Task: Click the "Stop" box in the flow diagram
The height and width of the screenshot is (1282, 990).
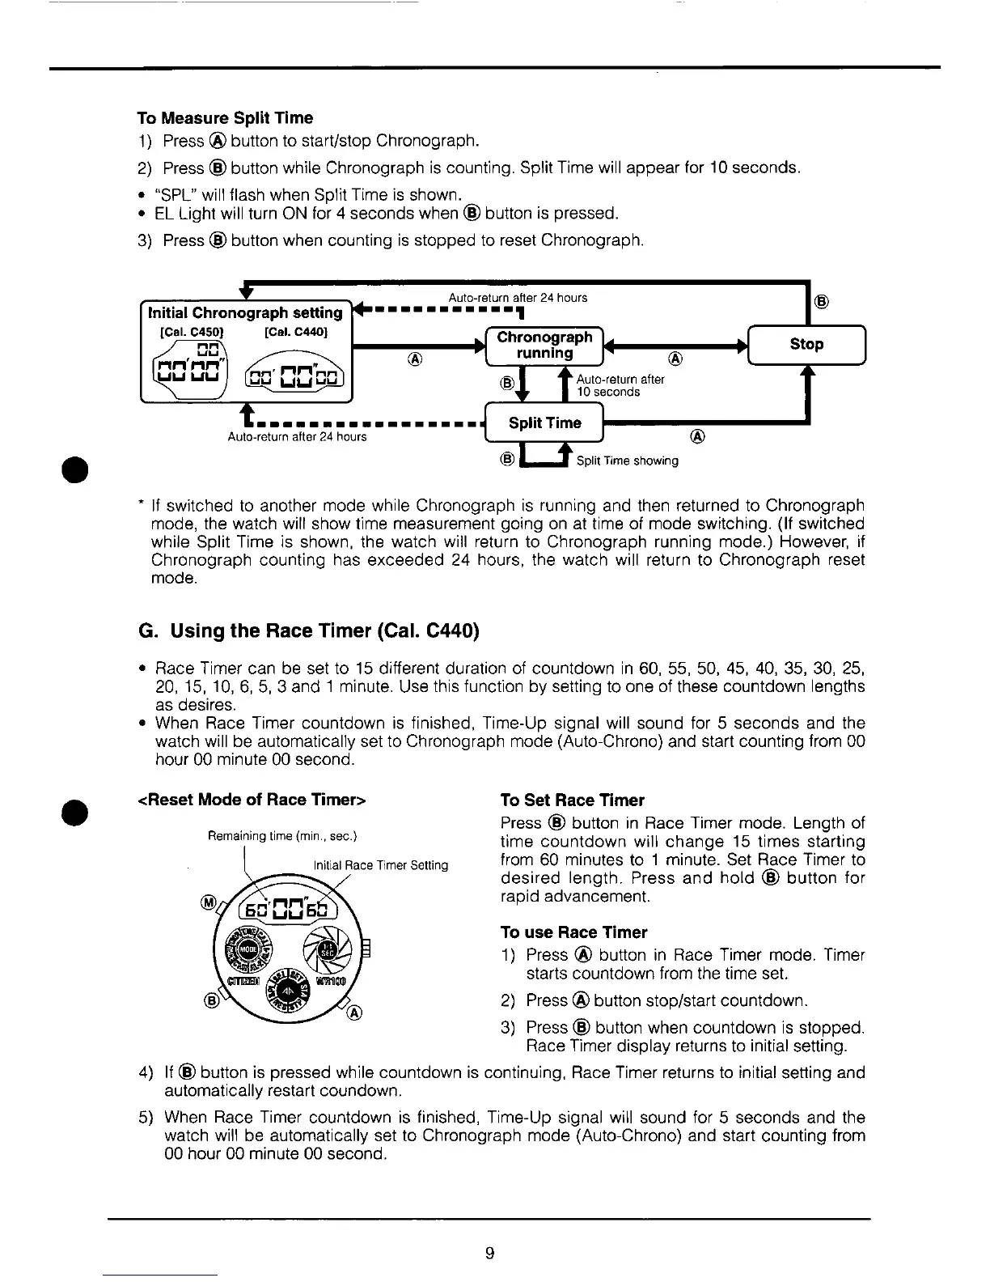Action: click(x=806, y=344)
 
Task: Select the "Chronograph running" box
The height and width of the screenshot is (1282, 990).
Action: click(x=544, y=345)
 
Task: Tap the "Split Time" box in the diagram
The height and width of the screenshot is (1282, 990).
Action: click(x=544, y=422)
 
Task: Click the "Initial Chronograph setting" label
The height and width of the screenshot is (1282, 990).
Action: click(x=245, y=312)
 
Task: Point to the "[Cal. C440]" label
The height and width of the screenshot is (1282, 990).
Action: click(x=295, y=332)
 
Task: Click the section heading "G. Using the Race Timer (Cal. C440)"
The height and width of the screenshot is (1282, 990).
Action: click(x=309, y=630)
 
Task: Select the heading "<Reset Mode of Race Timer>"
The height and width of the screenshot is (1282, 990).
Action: click(x=253, y=800)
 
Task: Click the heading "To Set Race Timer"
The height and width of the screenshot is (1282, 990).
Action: click(x=572, y=800)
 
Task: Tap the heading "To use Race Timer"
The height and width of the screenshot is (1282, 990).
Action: click(x=573, y=932)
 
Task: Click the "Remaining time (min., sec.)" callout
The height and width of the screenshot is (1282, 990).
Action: click(x=282, y=836)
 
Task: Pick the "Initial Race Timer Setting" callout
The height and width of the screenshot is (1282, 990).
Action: click(x=380, y=865)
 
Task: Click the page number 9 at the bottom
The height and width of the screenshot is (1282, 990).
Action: click(x=489, y=1254)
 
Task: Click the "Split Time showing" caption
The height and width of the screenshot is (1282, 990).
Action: click(x=627, y=461)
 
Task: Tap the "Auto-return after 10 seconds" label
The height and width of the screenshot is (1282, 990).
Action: click(x=620, y=385)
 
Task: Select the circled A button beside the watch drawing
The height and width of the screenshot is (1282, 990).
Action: click(x=355, y=1014)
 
